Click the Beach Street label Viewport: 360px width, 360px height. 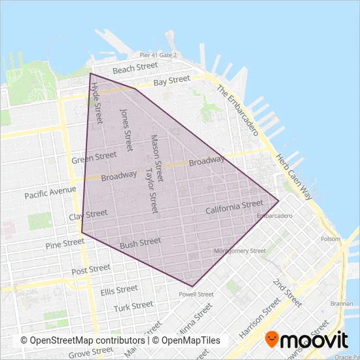[x=135, y=67]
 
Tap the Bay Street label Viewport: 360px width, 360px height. [x=172, y=81]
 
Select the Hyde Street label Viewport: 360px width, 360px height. [x=98, y=103]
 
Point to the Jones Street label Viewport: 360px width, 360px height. [x=125, y=130]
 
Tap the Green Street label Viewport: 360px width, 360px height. [x=94, y=157]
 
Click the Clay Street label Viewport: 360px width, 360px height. [x=88, y=215]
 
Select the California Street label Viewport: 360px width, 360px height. [x=234, y=207]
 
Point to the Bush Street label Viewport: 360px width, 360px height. [x=140, y=243]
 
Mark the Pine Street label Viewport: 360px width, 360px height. [x=65, y=243]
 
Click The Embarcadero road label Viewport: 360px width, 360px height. [x=238, y=109]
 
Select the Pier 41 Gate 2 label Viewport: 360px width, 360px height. [x=158, y=56]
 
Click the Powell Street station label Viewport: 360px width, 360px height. [x=196, y=295]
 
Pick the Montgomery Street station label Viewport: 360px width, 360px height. [x=240, y=251]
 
